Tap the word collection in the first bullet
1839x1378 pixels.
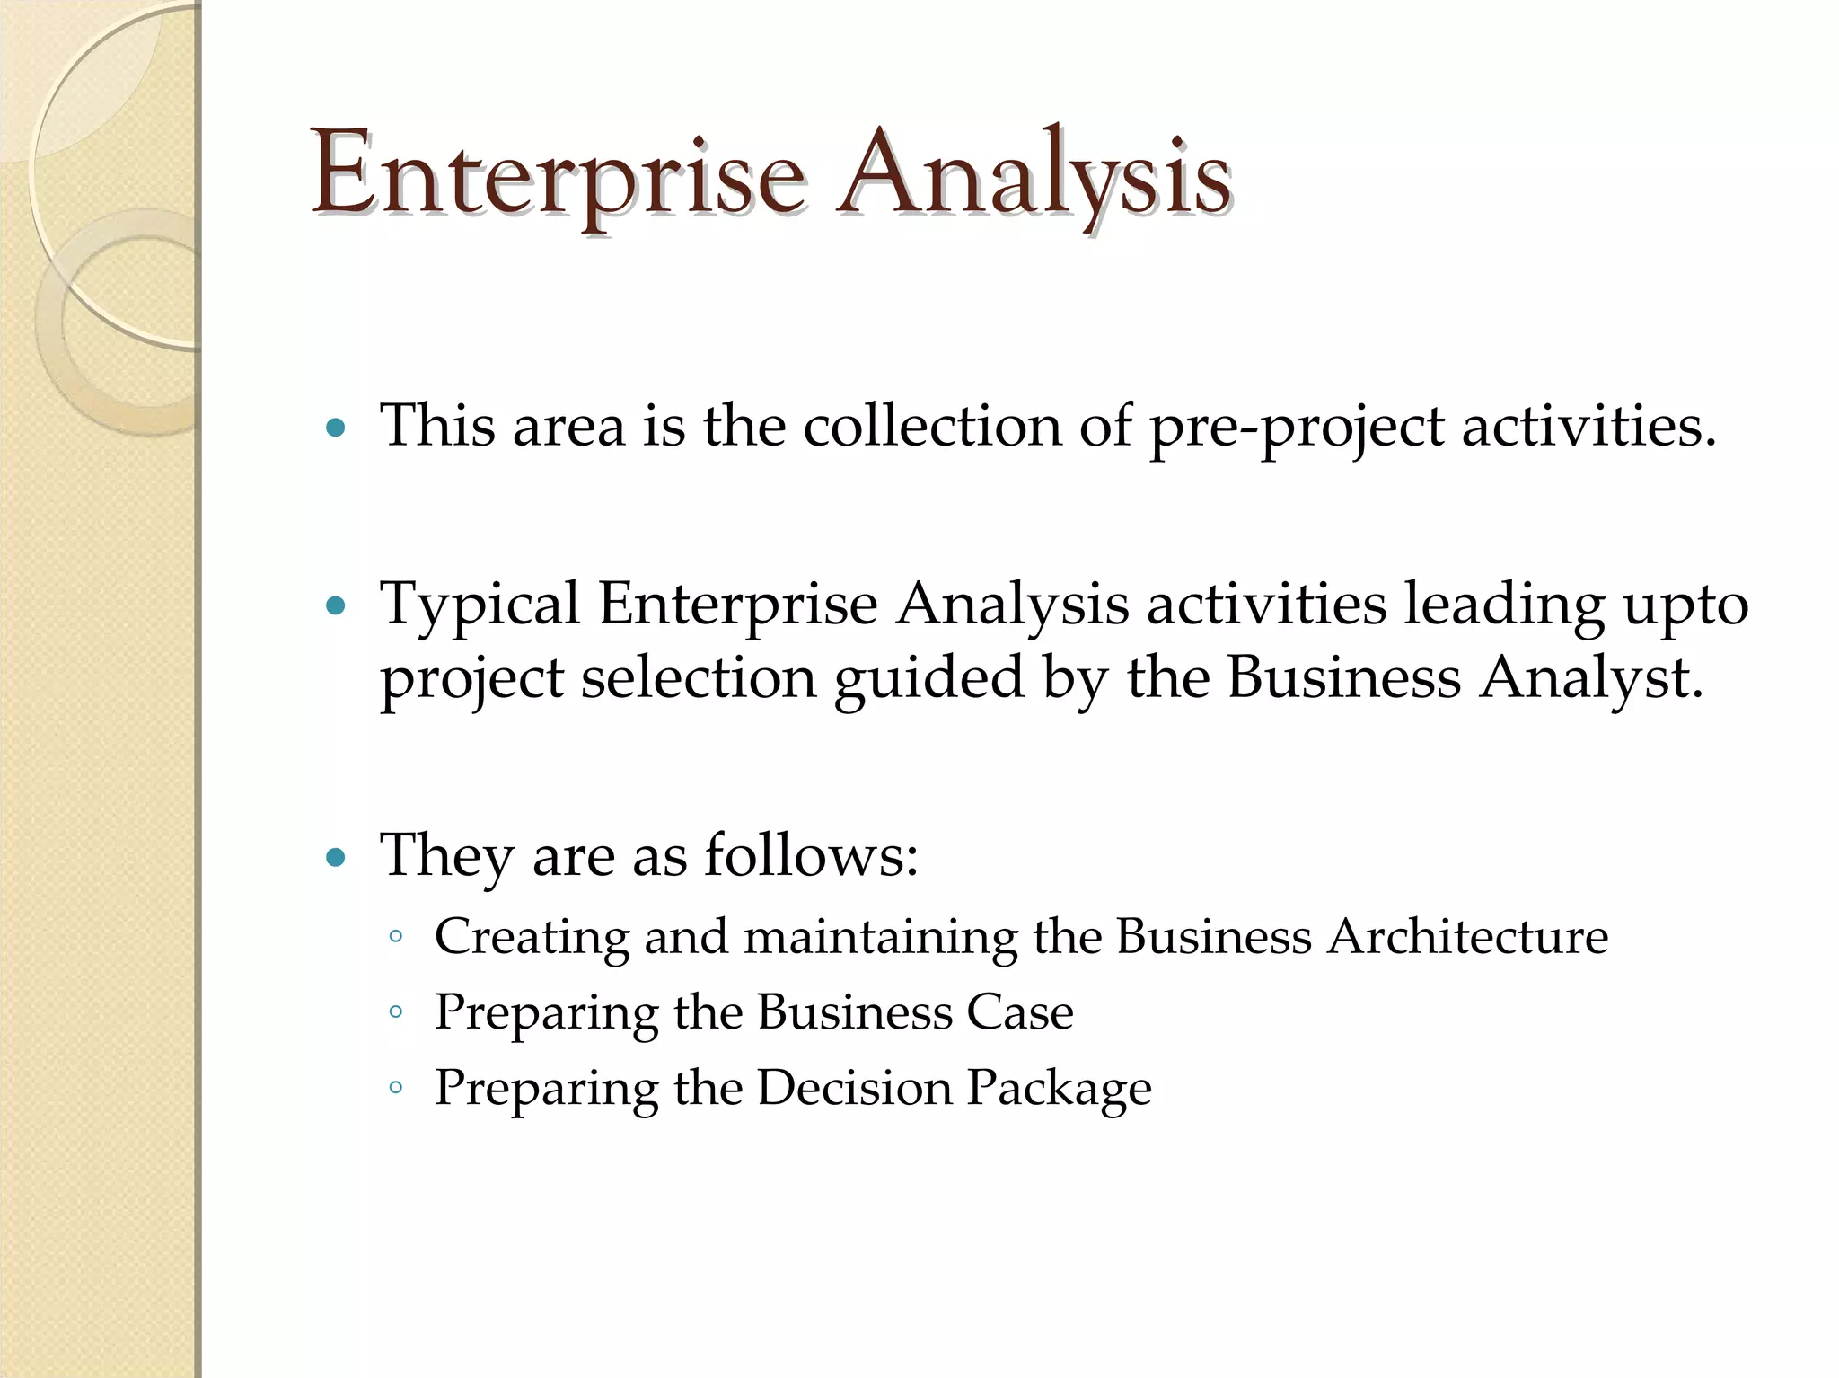932,426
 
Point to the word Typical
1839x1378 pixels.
480,605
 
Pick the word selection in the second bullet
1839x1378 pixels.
698,677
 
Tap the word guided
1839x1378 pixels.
928,679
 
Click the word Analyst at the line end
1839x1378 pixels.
1589,677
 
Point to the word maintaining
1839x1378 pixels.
880,938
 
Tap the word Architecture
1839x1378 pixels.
1467,936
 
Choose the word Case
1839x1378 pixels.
1019,1012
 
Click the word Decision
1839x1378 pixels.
854,1088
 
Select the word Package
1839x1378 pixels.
1059,1090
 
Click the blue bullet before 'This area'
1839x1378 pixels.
336,428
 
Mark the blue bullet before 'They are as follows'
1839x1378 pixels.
336,858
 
